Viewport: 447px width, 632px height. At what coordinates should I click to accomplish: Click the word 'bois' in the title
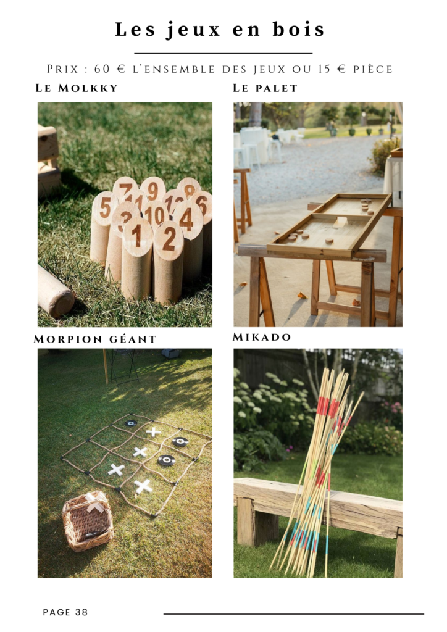pos(298,30)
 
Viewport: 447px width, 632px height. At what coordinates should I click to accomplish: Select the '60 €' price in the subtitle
pos(110,69)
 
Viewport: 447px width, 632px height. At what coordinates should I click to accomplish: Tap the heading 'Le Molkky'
pos(77,88)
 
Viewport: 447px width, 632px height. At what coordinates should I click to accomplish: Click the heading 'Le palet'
pos(265,88)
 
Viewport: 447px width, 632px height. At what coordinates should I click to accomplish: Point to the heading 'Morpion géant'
pos(95,339)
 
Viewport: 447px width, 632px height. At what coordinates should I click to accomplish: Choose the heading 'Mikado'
pos(262,337)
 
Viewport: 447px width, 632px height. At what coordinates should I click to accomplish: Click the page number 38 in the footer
pos(81,612)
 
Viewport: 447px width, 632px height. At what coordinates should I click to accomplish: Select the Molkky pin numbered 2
pos(169,262)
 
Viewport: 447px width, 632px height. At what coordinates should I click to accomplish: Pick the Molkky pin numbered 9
pos(152,189)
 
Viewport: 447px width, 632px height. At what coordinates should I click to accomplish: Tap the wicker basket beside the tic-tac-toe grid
pos(88,521)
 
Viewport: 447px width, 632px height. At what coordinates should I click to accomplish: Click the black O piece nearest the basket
pos(167,460)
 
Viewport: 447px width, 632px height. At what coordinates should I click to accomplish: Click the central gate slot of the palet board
pos(341,221)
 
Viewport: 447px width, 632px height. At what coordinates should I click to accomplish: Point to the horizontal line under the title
pos(223,53)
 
